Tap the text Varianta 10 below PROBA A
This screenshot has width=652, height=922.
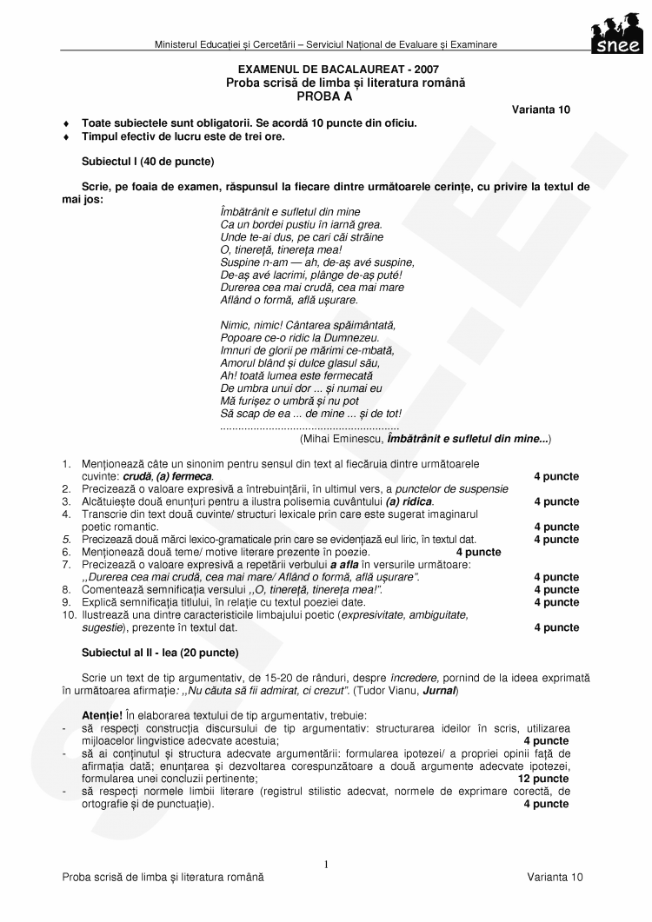541,109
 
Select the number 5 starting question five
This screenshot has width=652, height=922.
65,540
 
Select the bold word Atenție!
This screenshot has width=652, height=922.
103,715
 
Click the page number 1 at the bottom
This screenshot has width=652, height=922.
326,865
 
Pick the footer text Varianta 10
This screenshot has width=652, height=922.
555,878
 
